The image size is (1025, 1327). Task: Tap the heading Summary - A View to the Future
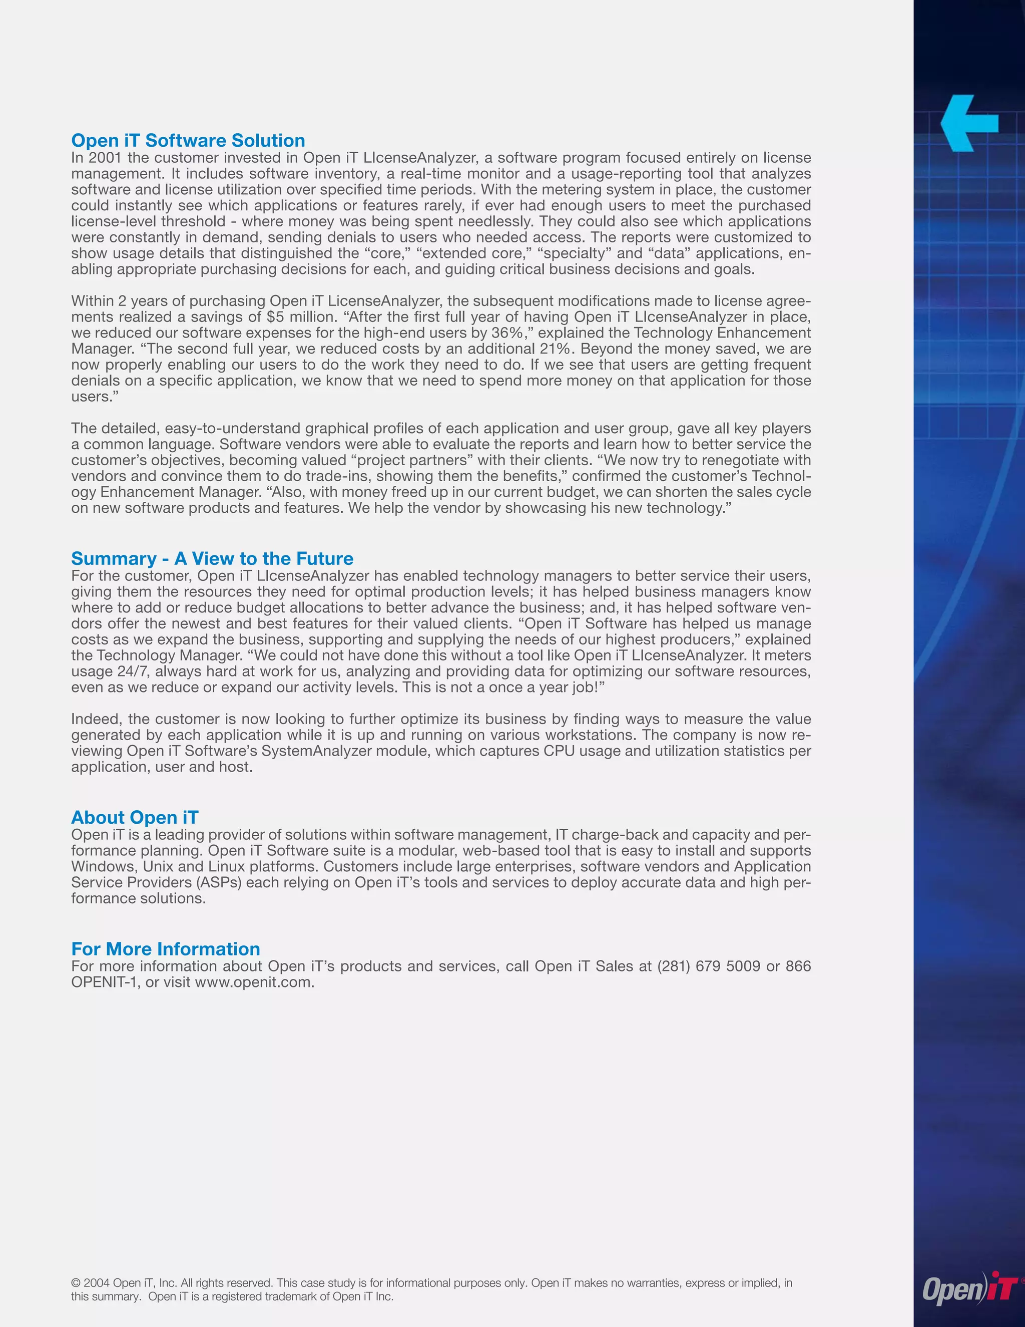coord(212,558)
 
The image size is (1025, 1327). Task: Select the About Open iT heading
coord(135,817)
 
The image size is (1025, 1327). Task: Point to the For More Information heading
coord(166,948)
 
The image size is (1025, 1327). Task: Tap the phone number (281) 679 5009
coord(709,966)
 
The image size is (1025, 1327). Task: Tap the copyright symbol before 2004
coord(76,1282)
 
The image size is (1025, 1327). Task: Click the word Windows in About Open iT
coord(102,866)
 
